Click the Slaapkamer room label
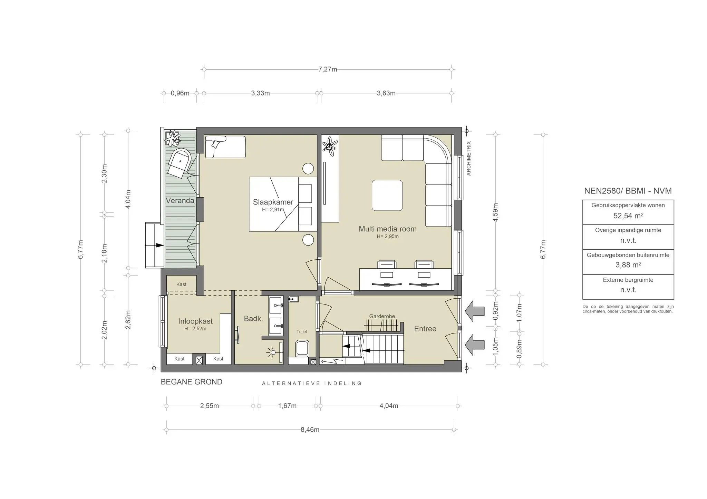[273, 202]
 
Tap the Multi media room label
[388, 229]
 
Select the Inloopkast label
[195, 321]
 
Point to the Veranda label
[180, 201]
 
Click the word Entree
[425, 329]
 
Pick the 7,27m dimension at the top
[328, 69]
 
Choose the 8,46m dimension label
[310, 430]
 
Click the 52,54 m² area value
[628, 216]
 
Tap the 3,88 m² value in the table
[628, 265]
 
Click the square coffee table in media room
[387, 196]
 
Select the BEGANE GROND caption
[192, 382]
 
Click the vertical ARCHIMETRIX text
[469, 158]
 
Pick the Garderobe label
[382, 316]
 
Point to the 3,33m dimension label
[261, 93]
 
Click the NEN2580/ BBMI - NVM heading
[628, 191]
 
